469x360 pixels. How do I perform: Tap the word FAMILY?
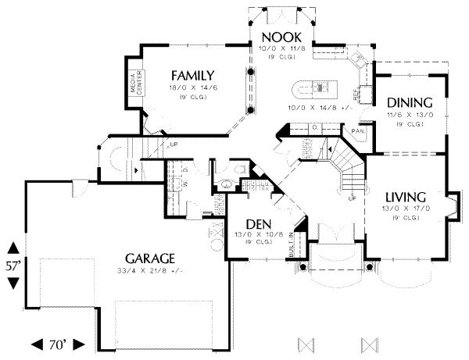tap(193, 75)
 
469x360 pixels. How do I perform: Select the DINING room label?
tap(410, 102)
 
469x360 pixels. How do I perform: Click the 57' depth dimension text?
tap(13, 266)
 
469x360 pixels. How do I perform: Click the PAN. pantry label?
tap(358, 131)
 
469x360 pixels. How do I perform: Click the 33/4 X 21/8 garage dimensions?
tap(148, 271)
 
